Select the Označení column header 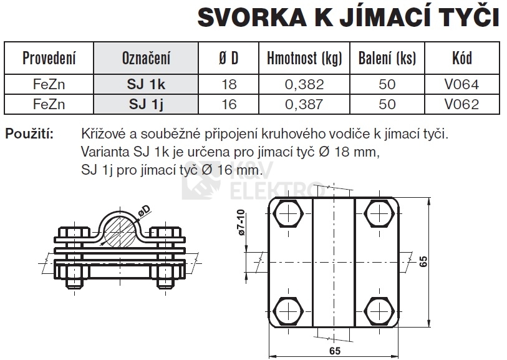pos(146,58)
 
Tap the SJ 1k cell pos(146,84)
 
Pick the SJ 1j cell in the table pos(146,104)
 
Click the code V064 pos(461,84)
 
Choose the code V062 pos(461,104)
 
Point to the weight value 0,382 pos(304,84)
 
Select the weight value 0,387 pos(304,104)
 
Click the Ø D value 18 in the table pos(229,84)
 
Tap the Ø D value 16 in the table pos(229,104)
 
